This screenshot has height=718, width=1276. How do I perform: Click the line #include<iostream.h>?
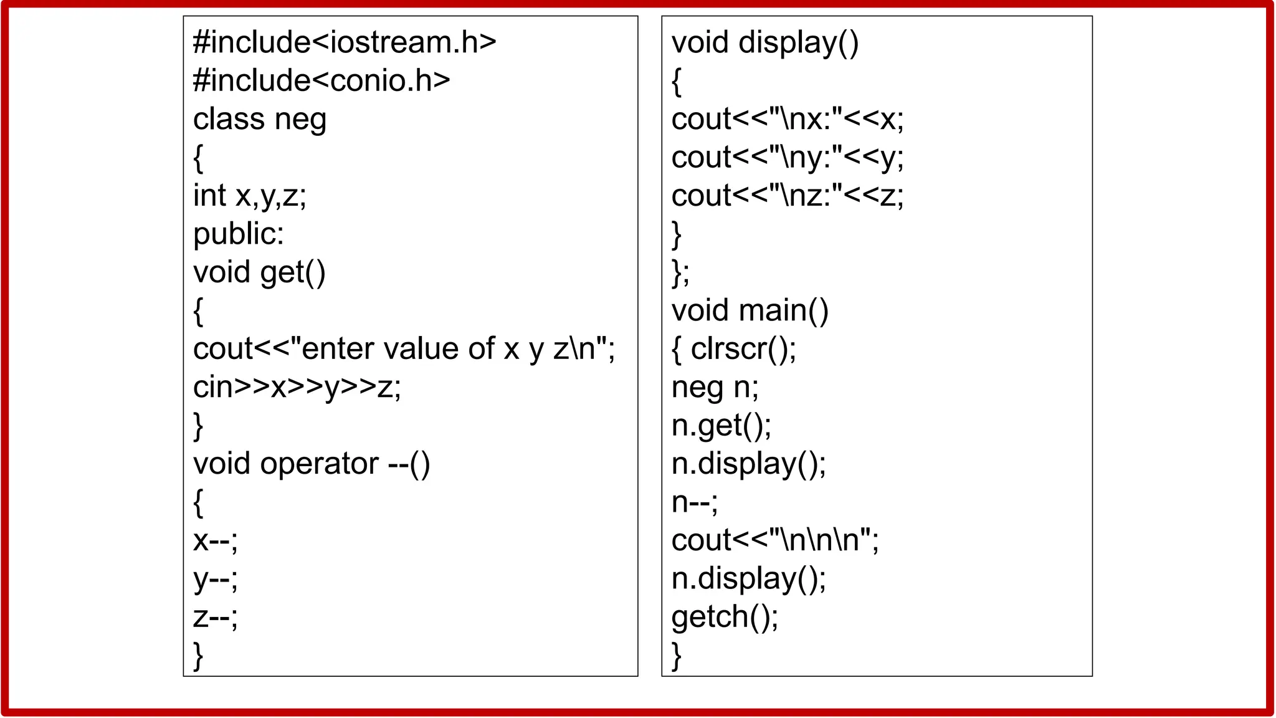[x=345, y=42]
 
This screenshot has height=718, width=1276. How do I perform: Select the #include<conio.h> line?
[x=321, y=80]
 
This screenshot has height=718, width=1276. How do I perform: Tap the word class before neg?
[x=229, y=119]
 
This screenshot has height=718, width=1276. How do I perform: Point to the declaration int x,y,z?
[x=250, y=196]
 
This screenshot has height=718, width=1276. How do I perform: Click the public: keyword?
[x=239, y=234]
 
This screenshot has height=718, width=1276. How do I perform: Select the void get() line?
[x=259, y=272]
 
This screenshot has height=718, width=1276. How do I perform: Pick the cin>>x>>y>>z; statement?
[x=297, y=387]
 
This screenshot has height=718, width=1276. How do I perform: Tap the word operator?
[x=319, y=464]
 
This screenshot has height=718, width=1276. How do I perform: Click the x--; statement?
[x=216, y=540]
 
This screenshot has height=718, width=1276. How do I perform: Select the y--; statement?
[x=216, y=579]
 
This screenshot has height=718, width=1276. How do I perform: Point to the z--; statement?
[x=216, y=617]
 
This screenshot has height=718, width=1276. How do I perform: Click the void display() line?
[x=765, y=42]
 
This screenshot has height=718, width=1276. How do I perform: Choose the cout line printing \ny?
[x=788, y=157]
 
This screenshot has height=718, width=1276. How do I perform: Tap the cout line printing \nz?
[x=788, y=196]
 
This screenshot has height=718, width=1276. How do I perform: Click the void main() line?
[x=750, y=310]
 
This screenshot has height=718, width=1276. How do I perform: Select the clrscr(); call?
[x=743, y=349]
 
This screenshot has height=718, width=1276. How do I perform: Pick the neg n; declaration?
[x=715, y=387]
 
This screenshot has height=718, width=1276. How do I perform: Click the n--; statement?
[x=695, y=502]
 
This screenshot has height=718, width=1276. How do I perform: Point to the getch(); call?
[x=725, y=617]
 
